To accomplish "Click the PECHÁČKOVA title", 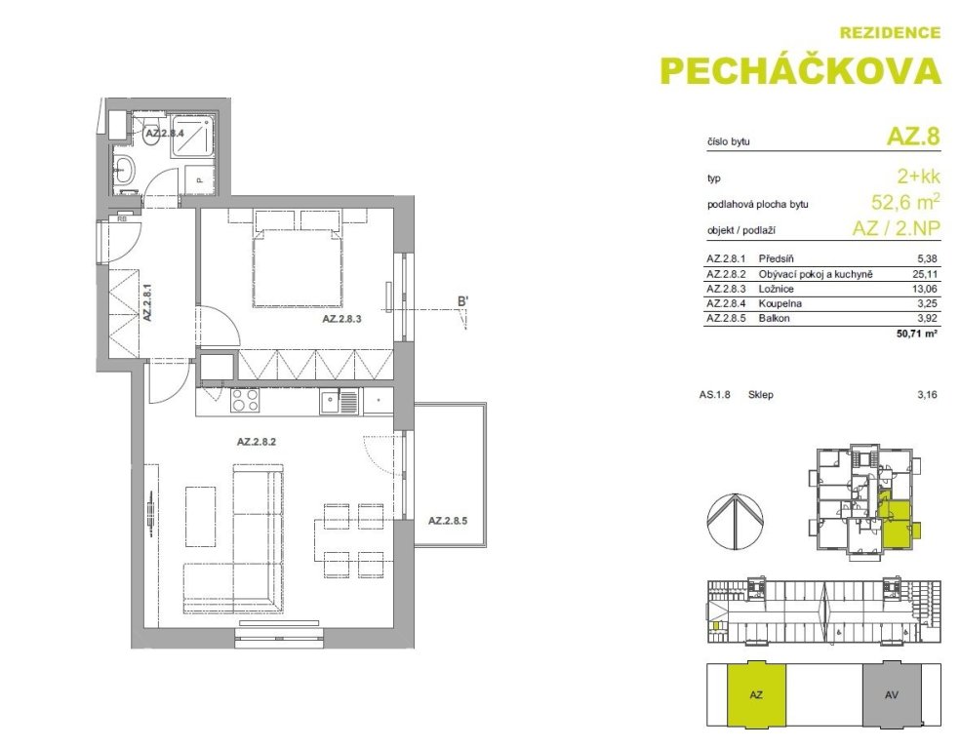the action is click(801, 70).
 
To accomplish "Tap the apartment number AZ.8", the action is click(913, 136).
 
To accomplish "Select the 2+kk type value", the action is click(918, 177).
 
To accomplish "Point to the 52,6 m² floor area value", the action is click(905, 201).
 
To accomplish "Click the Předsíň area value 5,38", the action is click(926, 258).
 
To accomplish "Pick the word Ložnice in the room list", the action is click(777, 289).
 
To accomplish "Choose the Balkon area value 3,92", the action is click(926, 318).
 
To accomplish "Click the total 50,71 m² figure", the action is click(916, 334).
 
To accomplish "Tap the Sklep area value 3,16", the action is click(927, 395).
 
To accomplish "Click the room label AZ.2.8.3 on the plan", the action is click(342, 319).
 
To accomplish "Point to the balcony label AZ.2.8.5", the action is click(448, 522).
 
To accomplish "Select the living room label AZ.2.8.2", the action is click(257, 441).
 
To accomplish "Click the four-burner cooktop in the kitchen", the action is click(244, 401).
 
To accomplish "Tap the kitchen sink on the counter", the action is click(339, 402).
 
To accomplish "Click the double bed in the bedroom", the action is click(298, 263).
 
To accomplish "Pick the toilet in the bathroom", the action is click(150, 135).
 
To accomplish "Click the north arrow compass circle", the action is click(735, 521).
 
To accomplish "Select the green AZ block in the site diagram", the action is click(756, 695).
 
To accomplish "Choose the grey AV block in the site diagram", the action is click(892, 695).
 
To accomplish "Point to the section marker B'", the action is click(462, 301).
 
